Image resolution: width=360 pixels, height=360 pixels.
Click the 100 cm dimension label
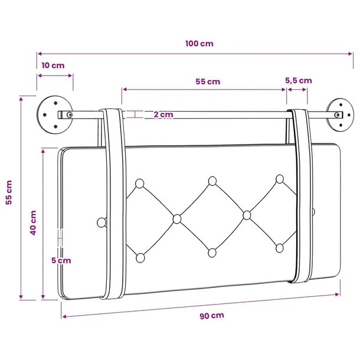click(x=199, y=44)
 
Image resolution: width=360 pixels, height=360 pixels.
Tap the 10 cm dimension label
click(x=53, y=66)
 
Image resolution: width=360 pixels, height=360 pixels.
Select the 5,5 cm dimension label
click(x=299, y=81)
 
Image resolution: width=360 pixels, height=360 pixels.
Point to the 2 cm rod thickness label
click(x=163, y=114)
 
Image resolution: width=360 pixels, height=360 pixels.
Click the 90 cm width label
click(x=212, y=316)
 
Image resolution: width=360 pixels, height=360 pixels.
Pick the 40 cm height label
click(x=33, y=222)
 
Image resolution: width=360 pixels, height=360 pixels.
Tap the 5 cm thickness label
click(x=61, y=261)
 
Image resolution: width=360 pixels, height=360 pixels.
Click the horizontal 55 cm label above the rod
click(x=208, y=81)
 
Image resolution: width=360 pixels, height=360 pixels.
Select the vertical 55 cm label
click(x=9, y=192)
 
